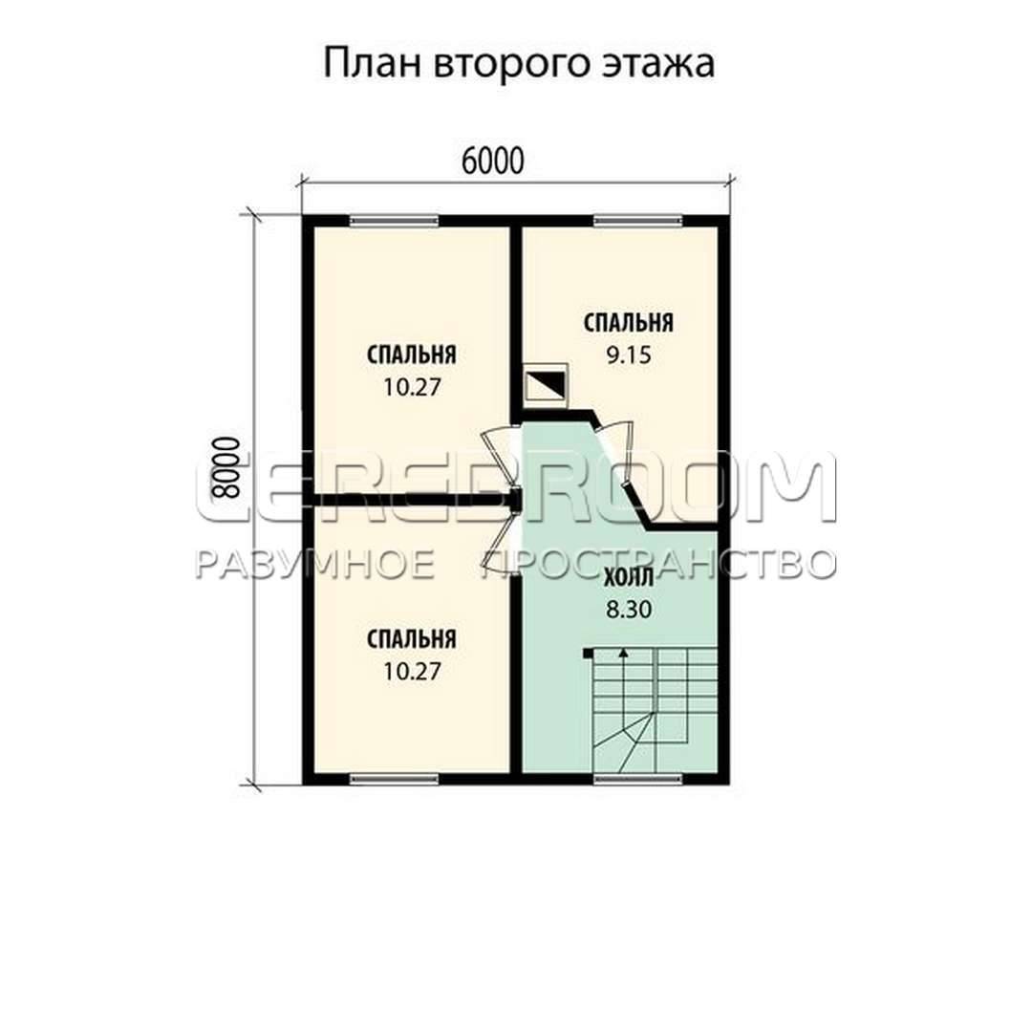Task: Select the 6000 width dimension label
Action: pyautogui.click(x=493, y=161)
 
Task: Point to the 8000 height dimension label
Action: pyautogui.click(x=226, y=468)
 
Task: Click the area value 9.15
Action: pyautogui.click(x=629, y=355)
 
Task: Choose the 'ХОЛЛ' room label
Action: pyautogui.click(x=629, y=578)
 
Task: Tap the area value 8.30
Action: pyautogui.click(x=629, y=610)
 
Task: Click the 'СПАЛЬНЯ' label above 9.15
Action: pyautogui.click(x=629, y=323)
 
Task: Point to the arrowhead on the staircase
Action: pyautogui.click(x=623, y=654)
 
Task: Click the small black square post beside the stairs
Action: pyautogui.click(x=588, y=653)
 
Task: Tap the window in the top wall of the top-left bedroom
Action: pyautogui.click(x=394, y=221)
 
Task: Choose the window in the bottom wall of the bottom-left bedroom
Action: pyautogui.click(x=394, y=779)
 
